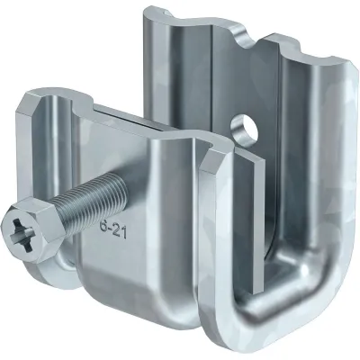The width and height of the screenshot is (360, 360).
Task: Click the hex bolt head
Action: pyautogui.click(x=31, y=228)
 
